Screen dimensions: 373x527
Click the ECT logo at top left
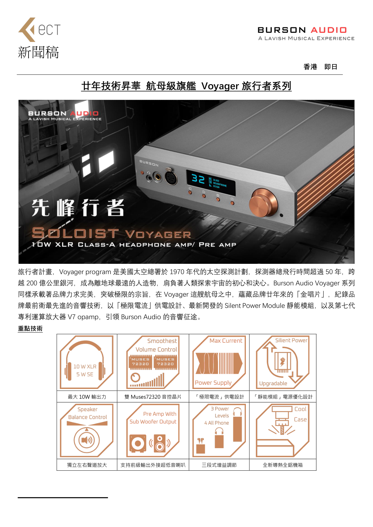(x=39, y=30)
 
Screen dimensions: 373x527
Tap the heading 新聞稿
(x=39, y=52)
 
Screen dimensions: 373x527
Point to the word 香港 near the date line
(x=310, y=67)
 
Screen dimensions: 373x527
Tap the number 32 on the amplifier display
(x=198, y=179)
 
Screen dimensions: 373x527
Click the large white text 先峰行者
(x=78, y=207)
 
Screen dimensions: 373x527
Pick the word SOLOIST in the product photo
(x=75, y=233)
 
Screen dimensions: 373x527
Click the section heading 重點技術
(x=30, y=328)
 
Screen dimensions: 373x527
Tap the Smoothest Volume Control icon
(x=153, y=362)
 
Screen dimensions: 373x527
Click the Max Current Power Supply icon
(x=219, y=362)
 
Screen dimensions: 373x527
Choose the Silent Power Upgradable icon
(x=282, y=362)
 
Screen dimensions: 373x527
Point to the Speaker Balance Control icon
(x=87, y=430)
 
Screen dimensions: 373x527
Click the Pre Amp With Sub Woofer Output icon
(x=153, y=430)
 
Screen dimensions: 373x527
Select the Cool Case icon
(x=282, y=430)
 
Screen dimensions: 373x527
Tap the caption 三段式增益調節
(x=219, y=465)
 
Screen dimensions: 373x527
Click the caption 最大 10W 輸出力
(x=87, y=397)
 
